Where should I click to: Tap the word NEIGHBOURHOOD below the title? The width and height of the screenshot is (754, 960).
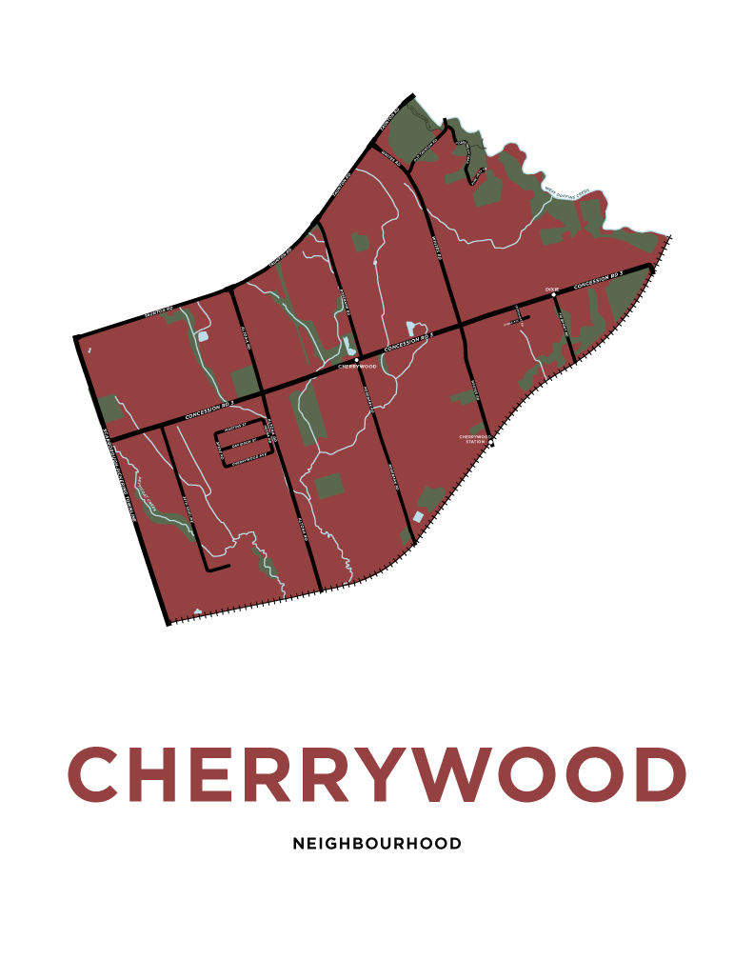click(377, 844)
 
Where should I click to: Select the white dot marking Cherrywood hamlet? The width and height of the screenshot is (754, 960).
click(356, 360)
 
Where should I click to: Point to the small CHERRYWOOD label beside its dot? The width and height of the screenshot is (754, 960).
click(357, 367)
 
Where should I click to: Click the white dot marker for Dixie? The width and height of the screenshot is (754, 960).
click(553, 295)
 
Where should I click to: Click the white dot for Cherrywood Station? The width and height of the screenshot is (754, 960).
click(491, 442)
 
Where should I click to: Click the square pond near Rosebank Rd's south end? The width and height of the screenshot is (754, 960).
click(417, 516)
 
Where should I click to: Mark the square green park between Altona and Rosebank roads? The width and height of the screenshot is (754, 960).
click(328, 486)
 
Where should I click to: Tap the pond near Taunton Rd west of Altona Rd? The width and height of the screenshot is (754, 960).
click(202, 336)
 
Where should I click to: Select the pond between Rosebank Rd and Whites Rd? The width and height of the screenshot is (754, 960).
click(410, 329)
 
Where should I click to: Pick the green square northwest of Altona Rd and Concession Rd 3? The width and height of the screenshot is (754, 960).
click(245, 381)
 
